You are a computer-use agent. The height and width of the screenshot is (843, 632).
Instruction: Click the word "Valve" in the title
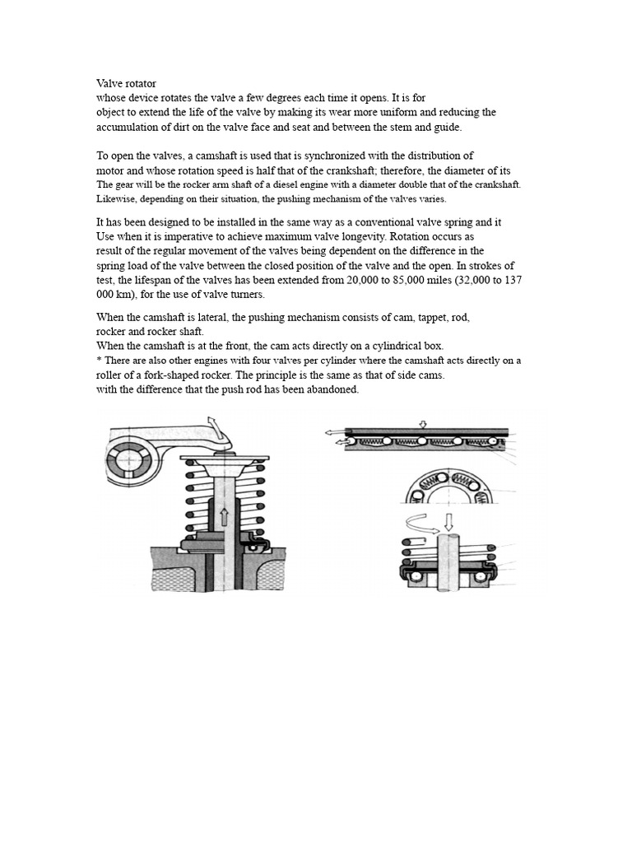(x=110, y=83)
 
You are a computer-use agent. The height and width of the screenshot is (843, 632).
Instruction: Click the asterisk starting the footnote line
(x=99, y=360)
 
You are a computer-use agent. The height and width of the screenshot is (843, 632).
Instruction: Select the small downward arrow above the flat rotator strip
(x=422, y=425)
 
